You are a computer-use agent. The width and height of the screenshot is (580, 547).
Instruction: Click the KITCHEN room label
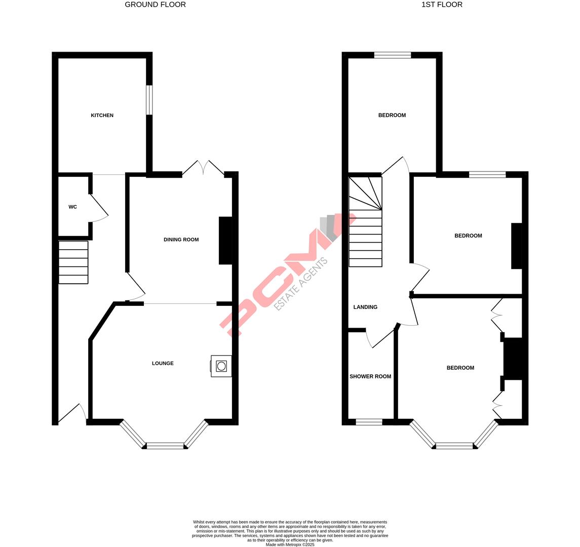[x=102, y=115]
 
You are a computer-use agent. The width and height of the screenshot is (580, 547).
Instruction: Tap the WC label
[x=72, y=207]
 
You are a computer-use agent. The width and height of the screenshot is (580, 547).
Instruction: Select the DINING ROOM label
[x=181, y=240]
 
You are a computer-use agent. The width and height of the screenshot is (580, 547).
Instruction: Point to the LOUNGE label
[x=163, y=363]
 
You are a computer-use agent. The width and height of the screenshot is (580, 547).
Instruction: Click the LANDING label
[x=365, y=307]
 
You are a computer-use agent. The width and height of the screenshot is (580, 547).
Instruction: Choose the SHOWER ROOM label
[x=370, y=376]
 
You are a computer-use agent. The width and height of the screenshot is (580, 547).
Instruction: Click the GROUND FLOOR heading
[x=155, y=5]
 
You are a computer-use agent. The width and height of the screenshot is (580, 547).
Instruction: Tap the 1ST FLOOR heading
[x=442, y=5]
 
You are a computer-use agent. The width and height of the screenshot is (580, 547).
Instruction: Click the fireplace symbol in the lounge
[x=221, y=366]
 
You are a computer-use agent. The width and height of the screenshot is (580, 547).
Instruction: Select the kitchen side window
[x=149, y=100]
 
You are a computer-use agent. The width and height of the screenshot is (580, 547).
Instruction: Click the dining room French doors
[x=203, y=168]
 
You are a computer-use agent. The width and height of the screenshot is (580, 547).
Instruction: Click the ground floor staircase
[x=73, y=262]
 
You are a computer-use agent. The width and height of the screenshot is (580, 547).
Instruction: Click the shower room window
[x=369, y=422]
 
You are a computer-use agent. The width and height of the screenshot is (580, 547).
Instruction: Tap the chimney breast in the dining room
[x=225, y=241]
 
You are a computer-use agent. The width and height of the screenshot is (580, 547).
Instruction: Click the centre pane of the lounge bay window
[x=165, y=446]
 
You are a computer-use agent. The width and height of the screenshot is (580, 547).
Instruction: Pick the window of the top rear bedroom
[x=393, y=55]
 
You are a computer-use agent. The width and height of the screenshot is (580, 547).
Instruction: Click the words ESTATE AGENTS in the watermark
[x=301, y=284]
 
